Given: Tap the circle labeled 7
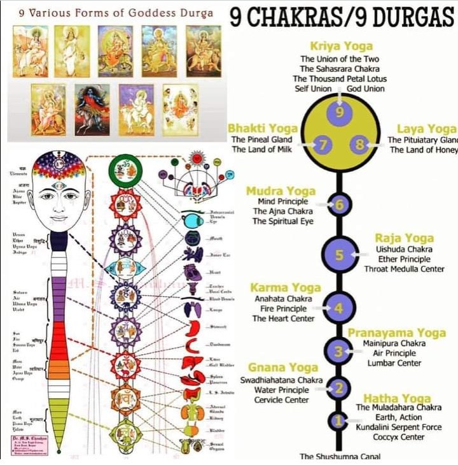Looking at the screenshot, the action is [x=323, y=145].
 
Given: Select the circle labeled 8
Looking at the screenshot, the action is [x=359, y=145].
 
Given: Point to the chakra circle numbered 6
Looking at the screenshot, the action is [x=339, y=204].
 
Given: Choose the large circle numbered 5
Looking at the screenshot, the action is [x=339, y=255].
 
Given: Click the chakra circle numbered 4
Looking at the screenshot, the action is [x=338, y=308].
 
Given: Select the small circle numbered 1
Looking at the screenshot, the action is [x=338, y=420].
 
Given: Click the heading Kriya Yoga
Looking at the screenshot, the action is [x=341, y=46].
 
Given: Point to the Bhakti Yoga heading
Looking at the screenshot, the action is [x=263, y=129].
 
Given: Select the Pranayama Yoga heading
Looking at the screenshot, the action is [x=396, y=333].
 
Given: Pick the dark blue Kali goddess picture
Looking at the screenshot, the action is [x=93, y=110].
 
